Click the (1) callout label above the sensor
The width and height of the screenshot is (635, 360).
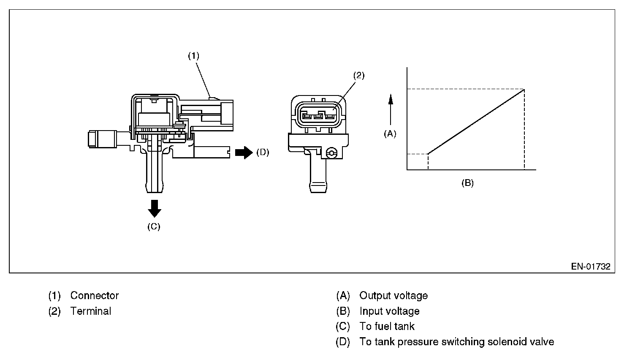coord(193,56)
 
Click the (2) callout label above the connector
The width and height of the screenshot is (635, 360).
coord(358,76)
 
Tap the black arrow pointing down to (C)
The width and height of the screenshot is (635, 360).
coord(155,208)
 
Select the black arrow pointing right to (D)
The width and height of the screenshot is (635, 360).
coord(243,152)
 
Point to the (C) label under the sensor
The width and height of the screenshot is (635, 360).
coord(154,226)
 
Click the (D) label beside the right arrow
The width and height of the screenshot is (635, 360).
coord(262,152)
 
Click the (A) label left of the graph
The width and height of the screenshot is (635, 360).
coord(390,134)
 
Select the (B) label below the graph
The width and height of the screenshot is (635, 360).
coord(467,183)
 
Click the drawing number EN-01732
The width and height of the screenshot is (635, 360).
coord(591,267)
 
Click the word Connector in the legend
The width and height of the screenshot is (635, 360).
coord(95,296)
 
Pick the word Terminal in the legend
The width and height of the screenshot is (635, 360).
coord(91,311)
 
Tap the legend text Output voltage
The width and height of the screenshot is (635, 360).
coord(393,296)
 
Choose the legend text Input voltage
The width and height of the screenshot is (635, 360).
coord(389,311)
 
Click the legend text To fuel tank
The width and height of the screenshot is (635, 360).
coord(387,327)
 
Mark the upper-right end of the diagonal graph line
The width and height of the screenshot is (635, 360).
coord(524,89)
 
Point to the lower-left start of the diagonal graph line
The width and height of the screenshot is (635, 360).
coord(428,154)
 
